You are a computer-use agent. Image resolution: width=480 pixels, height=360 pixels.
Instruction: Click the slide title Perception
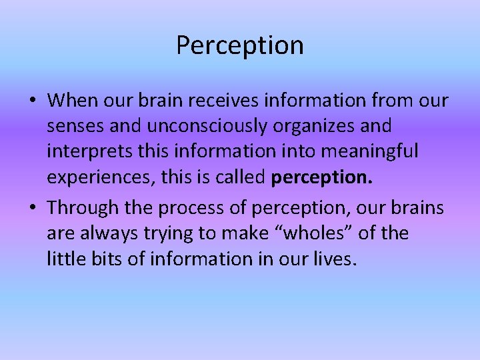[x=240, y=45]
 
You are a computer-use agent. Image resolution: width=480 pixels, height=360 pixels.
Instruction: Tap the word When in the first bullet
[x=72, y=101]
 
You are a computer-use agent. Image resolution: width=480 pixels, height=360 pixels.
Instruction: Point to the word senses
[x=73, y=126]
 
